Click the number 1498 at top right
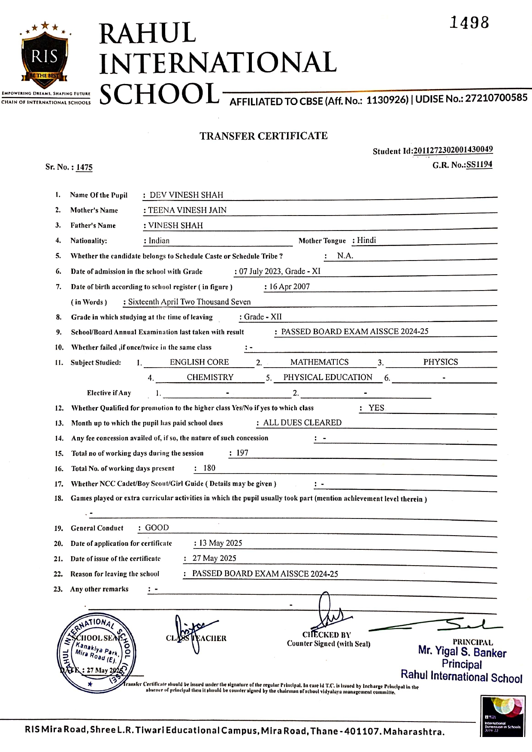[x=469, y=22]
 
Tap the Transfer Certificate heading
[x=263, y=136]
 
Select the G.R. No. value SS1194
[x=479, y=165]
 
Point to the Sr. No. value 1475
[x=85, y=167]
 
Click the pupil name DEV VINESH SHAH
[x=186, y=195]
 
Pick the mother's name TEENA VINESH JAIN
[x=187, y=210]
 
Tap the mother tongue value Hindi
[x=366, y=240]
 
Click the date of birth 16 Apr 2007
[x=289, y=287]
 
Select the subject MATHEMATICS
[x=319, y=362]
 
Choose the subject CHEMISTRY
[x=210, y=377]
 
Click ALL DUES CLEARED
[x=302, y=422]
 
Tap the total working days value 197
[x=242, y=453]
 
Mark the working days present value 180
[x=209, y=468]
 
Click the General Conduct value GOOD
[x=157, y=528]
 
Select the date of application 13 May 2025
[x=221, y=543]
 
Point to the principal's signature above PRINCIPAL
[x=435, y=626]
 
